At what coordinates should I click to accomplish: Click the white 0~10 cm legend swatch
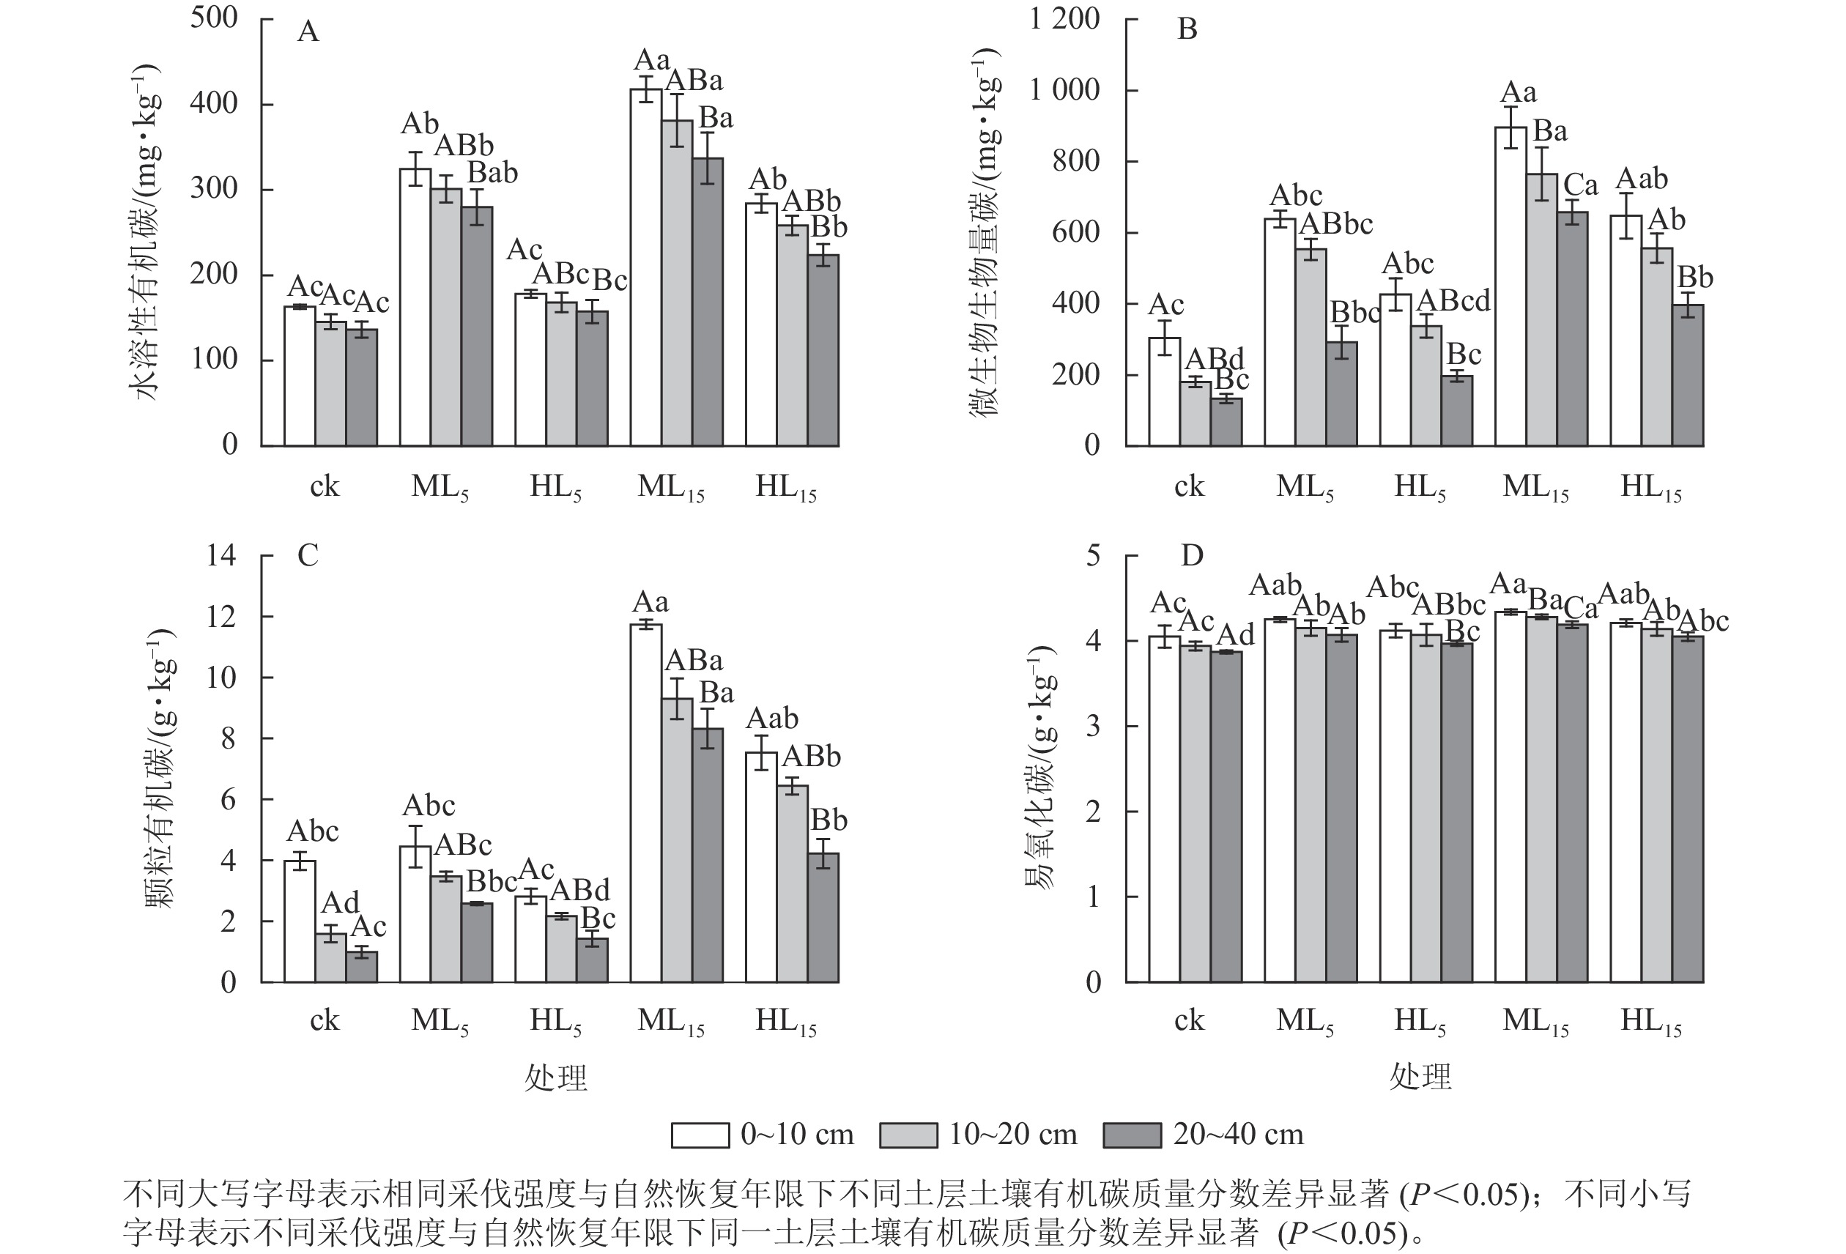click(x=700, y=1135)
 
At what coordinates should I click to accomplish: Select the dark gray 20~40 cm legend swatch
click(x=1132, y=1135)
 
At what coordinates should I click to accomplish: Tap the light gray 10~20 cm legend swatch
click(x=908, y=1135)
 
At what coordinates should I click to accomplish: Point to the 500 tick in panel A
click(x=214, y=18)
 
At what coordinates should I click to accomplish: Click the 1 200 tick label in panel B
click(x=1064, y=18)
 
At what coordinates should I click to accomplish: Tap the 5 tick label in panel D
click(x=1093, y=555)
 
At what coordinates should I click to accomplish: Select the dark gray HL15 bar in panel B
click(x=1688, y=375)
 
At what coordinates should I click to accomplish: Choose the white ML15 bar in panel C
click(x=646, y=803)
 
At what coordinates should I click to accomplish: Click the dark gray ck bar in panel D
click(x=1226, y=817)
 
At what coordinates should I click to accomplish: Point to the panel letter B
click(x=1187, y=29)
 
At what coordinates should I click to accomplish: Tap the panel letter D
click(x=1192, y=555)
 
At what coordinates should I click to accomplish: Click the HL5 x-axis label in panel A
click(x=555, y=487)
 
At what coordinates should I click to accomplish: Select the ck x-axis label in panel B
click(x=1189, y=487)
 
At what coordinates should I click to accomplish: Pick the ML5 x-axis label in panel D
click(x=1304, y=1021)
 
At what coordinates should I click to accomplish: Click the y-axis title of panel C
click(x=160, y=769)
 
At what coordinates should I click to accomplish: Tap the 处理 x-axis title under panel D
click(x=1420, y=1077)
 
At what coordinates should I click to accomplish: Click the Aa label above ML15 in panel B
click(x=1518, y=93)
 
